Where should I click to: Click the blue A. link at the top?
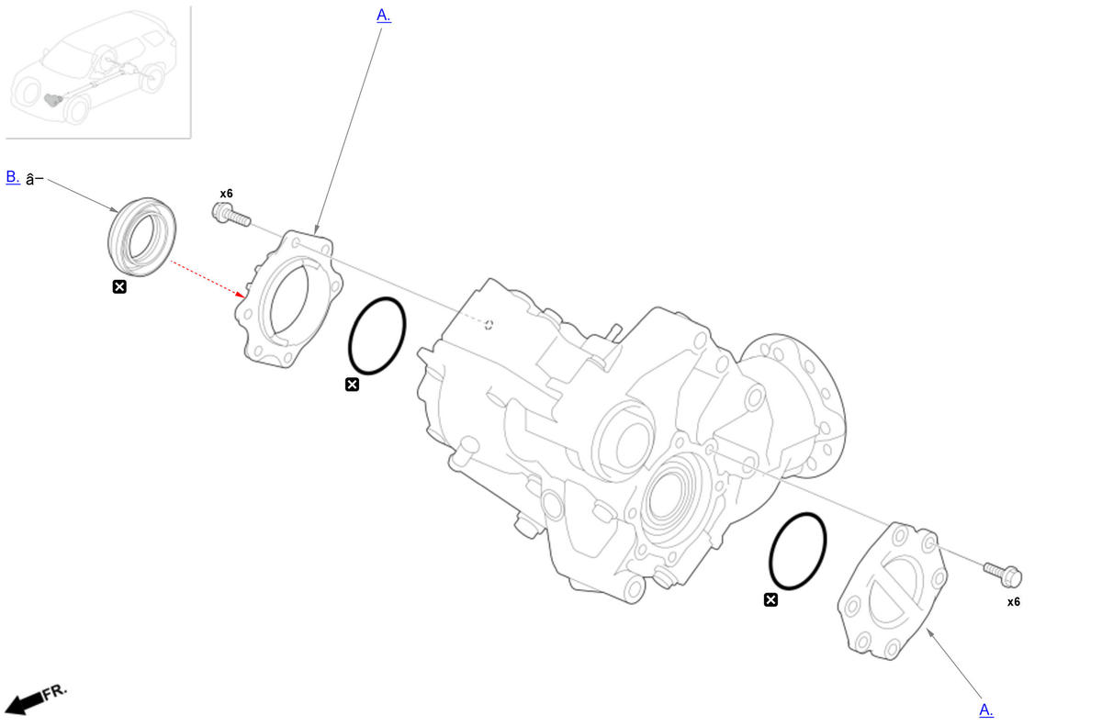click(383, 16)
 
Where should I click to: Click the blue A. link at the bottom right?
click(986, 709)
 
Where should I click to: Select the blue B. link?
click(13, 177)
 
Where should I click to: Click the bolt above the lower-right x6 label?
click(1003, 575)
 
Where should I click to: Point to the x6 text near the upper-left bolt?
click(226, 194)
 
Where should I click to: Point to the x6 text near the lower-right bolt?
click(1014, 602)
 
